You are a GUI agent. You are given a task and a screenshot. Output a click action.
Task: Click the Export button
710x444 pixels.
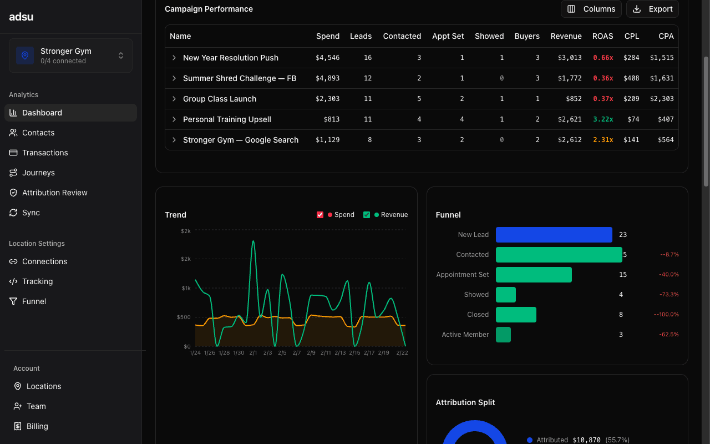[652, 9]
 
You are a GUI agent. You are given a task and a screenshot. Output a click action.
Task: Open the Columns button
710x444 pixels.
[591, 9]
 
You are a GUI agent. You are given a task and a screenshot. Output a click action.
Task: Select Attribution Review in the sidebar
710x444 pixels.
[54, 193]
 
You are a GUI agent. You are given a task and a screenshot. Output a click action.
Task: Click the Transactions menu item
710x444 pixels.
[45, 153]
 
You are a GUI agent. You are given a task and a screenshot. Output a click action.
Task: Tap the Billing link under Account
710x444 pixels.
[37, 426]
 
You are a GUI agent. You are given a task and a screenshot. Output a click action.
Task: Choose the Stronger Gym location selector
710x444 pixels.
[70, 56]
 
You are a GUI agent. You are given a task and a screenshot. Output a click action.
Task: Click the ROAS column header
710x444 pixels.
[602, 36]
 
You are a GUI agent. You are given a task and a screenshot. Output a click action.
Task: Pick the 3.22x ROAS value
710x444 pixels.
[602, 119]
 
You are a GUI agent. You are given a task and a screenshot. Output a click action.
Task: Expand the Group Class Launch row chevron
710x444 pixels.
[174, 99]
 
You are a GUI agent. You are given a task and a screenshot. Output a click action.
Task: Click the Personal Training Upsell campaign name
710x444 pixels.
[227, 119]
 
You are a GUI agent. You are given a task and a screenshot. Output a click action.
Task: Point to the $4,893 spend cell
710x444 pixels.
[327, 78]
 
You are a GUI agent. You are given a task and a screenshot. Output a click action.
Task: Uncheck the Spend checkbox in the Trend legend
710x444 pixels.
[320, 215]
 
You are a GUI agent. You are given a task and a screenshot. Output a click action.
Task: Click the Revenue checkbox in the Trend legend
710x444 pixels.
[367, 215]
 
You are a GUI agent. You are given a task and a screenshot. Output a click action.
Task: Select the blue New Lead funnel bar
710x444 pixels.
[554, 235]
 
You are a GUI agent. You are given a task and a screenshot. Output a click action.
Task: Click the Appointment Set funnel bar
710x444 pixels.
[534, 275]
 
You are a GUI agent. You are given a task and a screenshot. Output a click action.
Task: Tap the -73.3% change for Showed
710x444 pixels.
[668, 295]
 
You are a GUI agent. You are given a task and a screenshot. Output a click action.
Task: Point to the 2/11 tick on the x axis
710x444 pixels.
[326, 353]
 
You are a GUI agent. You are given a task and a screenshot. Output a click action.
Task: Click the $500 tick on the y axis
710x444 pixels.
[183, 317]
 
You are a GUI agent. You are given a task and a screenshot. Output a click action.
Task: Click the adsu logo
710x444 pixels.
[21, 17]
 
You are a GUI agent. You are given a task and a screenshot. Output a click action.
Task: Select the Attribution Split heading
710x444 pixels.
[465, 402]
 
